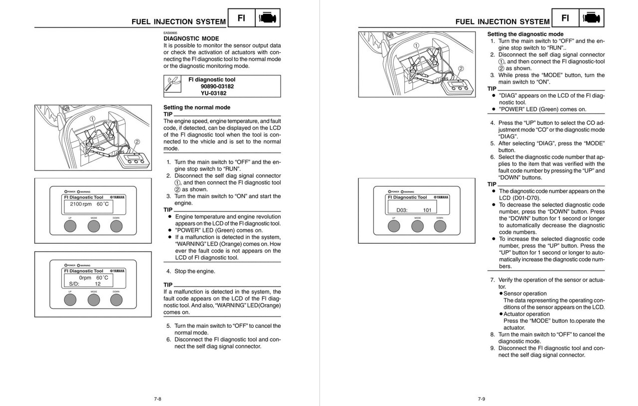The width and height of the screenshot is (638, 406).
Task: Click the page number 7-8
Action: (x=158, y=399)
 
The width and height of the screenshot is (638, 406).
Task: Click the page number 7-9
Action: (x=481, y=399)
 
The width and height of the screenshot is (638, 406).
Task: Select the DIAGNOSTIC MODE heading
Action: (x=191, y=38)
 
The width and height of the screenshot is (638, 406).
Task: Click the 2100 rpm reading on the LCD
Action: (x=81, y=204)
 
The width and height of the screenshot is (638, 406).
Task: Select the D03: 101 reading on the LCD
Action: (x=410, y=210)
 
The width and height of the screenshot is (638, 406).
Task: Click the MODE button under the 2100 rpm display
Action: (x=94, y=226)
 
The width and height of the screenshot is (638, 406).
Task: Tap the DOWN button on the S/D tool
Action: (x=116, y=300)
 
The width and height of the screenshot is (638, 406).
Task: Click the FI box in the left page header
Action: (x=241, y=18)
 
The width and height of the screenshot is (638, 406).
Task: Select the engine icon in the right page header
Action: (x=592, y=18)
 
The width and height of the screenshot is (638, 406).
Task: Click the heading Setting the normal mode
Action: (x=197, y=107)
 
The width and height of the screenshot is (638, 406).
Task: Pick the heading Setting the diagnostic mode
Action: (x=525, y=34)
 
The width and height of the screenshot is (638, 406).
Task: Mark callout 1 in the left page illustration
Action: (x=93, y=118)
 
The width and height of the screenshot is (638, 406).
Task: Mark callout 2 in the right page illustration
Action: (x=461, y=69)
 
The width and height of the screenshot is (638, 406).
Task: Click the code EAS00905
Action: (x=170, y=33)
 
